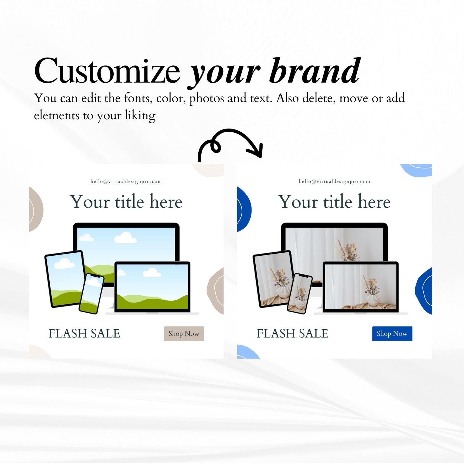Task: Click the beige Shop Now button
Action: click(184, 334)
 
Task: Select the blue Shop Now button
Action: click(392, 334)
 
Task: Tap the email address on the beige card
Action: click(126, 181)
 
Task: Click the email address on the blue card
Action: click(334, 181)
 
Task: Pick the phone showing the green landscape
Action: click(91, 293)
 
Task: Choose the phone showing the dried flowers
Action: click(300, 293)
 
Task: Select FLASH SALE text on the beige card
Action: click(84, 334)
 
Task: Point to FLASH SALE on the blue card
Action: click(292, 334)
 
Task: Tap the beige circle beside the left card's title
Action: click(35, 210)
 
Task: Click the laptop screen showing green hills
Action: click(152, 286)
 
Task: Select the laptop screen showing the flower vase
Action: click(360, 286)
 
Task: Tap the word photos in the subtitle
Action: click(207, 98)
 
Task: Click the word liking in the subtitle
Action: click(140, 115)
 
